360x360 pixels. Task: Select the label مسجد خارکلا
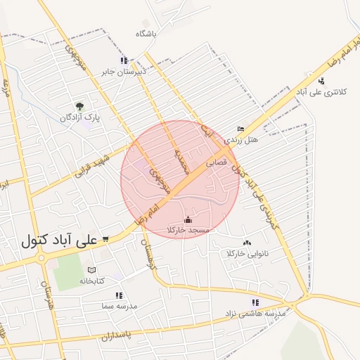[189, 230]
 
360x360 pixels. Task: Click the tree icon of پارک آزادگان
[78, 107]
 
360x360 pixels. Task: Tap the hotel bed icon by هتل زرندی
[240, 129]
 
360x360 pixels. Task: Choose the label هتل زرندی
[241, 140]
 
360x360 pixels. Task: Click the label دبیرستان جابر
[124, 71]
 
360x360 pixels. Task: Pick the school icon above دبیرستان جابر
[124, 60]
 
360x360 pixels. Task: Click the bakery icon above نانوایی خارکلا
[245, 243]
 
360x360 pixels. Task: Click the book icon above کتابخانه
[91, 270]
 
